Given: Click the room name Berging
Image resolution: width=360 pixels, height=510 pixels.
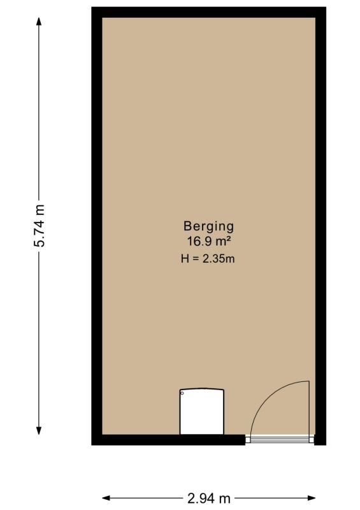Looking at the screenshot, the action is (208, 227).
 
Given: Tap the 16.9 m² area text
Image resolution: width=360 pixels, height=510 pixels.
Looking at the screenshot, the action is (209, 242).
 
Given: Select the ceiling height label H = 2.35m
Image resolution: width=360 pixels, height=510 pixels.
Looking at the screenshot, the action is (208, 259).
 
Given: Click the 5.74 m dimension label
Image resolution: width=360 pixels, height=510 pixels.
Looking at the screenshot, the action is (40, 226).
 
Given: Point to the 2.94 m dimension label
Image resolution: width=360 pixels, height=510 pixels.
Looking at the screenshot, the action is (209, 498).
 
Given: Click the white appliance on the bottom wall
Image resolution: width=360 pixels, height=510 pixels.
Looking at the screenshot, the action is (202, 411).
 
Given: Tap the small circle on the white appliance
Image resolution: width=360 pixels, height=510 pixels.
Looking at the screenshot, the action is (182, 393).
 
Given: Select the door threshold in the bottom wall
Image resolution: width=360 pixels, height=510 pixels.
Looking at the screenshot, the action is (280, 440).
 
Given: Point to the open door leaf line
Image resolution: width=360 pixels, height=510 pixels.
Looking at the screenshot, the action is (308, 408).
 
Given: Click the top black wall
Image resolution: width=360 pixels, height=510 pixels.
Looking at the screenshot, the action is (209, 12).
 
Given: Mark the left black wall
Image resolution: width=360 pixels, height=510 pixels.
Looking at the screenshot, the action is (97, 226).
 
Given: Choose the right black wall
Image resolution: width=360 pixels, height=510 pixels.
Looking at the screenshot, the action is (320, 226).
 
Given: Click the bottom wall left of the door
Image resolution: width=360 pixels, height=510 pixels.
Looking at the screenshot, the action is (168, 440).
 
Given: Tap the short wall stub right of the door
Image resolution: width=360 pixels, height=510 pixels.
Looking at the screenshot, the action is (320, 440).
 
